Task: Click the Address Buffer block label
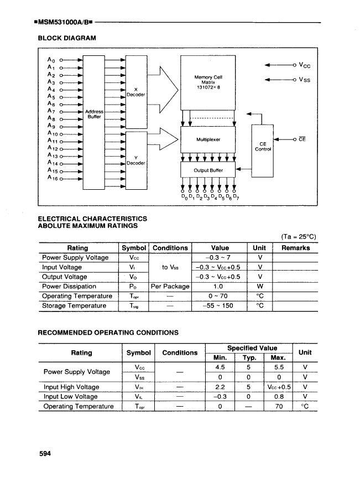tap(95, 115)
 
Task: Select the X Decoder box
tap(135, 92)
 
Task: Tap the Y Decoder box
tap(135, 160)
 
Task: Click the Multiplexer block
tap(208, 140)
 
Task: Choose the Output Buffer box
tap(208, 170)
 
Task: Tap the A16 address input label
tap(53, 178)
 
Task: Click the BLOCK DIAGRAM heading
tap(66, 38)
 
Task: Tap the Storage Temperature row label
tap(75, 306)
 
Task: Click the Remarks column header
tap(295, 248)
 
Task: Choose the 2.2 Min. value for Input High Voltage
tap(220, 387)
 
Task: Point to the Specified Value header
tap(248, 347)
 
